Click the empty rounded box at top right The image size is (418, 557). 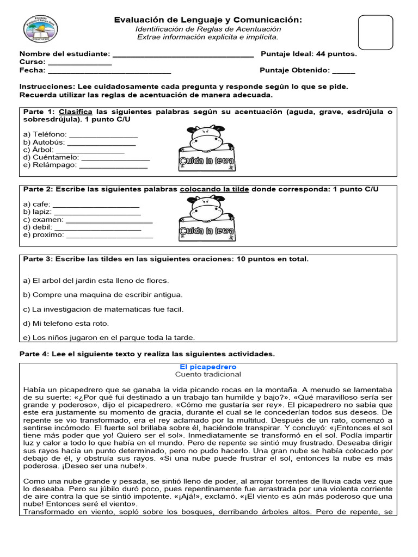pyautogui.click(x=376, y=33)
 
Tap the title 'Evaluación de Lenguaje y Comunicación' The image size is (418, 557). pyautogui.click(x=208, y=20)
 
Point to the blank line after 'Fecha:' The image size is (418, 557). pyautogui.click(x=109, y=72)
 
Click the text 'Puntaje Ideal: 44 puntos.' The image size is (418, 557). pyautogui.click(x=309, y=54)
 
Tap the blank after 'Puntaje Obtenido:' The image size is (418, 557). pyautogui.click(x=343, y=72)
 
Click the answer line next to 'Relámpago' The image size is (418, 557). pyautogui.click(x=113, y=166)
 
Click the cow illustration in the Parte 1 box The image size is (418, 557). pyautogui.click(x=206, y=139)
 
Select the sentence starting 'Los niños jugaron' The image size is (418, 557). pyautogui.click(x=109, y=337)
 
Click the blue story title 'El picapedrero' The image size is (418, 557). pyautogui.click(x=208, y=367)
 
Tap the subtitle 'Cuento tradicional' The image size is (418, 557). pyautogui.click(x=208, y=375)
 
